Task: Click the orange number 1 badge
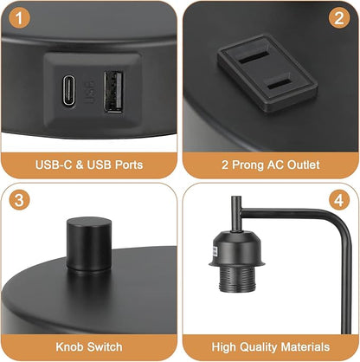19,17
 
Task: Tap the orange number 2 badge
339,17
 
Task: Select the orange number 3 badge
19,200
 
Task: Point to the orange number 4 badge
339,200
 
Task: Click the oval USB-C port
69,91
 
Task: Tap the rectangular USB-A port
113,92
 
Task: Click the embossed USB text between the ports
89,93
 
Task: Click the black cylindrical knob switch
89,243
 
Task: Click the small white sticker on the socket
215,251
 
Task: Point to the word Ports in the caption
129,165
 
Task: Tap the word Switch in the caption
105,346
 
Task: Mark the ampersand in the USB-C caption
80,165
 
